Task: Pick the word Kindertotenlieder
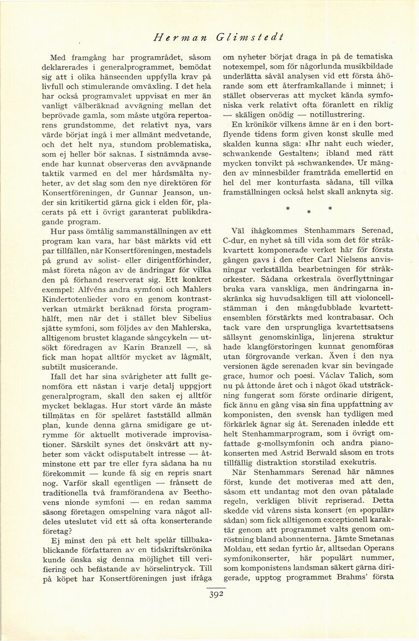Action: click(x=77, y=316)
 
